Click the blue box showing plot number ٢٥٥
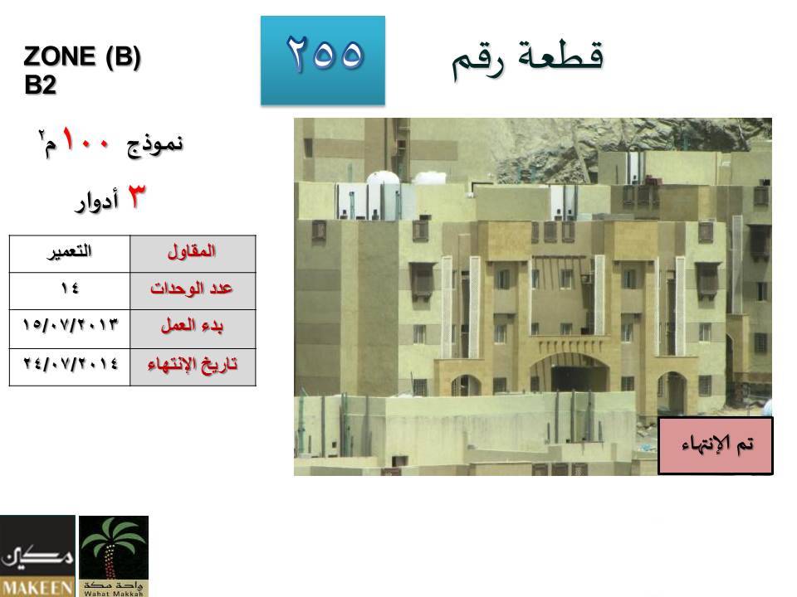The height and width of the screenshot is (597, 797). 323,61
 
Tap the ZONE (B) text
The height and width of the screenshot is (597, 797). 82,56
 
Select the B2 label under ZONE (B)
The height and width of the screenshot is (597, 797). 40,85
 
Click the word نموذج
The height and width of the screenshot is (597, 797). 155,144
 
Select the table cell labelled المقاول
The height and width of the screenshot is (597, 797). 193,254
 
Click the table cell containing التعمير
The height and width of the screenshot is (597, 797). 70,254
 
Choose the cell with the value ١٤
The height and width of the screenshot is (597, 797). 70,291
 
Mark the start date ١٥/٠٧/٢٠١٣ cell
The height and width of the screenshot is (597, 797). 70,329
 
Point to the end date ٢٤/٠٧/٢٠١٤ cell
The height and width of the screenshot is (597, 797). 70,367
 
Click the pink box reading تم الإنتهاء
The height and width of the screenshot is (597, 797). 716,446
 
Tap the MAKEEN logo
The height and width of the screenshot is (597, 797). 37,556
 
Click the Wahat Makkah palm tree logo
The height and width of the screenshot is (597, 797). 114,556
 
